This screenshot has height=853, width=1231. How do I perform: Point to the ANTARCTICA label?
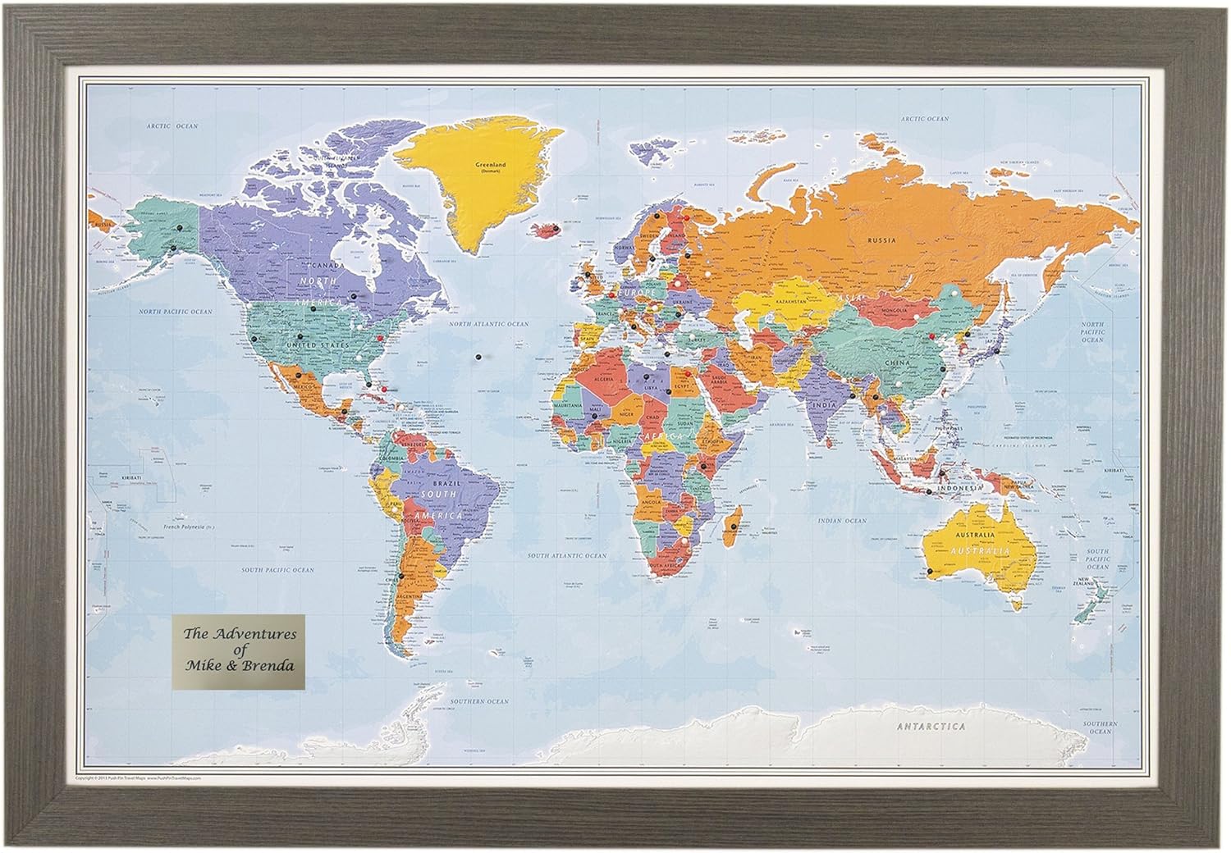click(931, 727)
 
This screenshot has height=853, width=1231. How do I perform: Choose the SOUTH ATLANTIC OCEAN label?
click(567, 556)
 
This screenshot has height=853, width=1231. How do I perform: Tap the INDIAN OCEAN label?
click(842, 521)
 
